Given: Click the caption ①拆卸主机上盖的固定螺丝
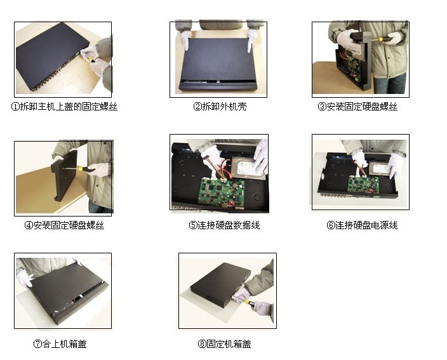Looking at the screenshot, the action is (64, 107).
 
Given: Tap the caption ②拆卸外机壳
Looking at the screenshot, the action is (220, 107).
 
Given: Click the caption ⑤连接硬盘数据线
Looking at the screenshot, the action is (224, 225).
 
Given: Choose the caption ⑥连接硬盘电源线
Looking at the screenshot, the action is (362, 225).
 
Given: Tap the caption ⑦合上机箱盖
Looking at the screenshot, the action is (60, 343).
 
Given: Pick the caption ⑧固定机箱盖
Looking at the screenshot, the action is (224, 343).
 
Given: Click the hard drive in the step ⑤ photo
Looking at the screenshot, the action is (246, 169).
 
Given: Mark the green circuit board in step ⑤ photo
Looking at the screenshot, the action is (222, 192).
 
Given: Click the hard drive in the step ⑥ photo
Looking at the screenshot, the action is (380, 170).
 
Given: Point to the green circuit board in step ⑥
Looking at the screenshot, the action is (363, 184).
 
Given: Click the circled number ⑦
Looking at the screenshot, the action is (37, 344).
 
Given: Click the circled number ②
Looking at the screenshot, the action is (197, 107).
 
